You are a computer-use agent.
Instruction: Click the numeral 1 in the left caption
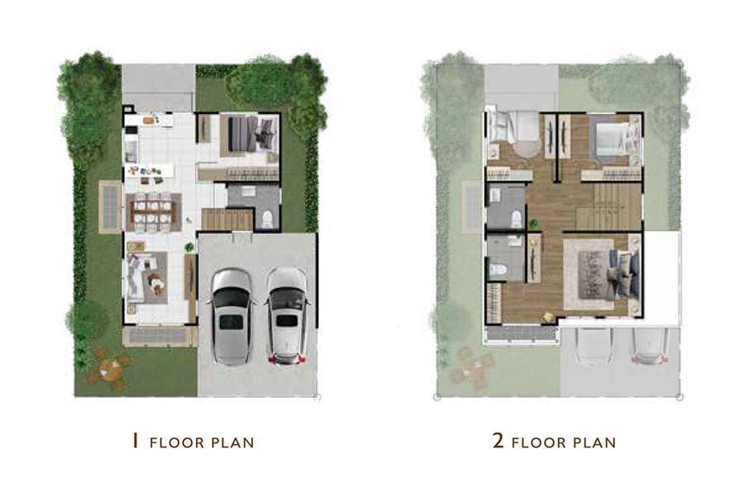pos(136,441)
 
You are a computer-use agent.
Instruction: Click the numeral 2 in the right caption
pos(498,441)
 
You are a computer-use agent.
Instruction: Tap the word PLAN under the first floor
pos(232,443)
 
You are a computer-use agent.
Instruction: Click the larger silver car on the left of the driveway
pos(231,317)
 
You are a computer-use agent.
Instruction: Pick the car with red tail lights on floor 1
pos(287,316)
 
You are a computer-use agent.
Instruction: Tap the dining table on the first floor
pos(153,212)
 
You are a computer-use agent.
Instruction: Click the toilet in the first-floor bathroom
pos(268,220)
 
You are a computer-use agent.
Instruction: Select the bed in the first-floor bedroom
pos(249,134)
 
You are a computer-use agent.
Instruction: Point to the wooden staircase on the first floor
pos(227,220)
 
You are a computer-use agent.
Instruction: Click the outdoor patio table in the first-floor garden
pos(110,368)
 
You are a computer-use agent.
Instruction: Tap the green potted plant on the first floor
pos(189,247)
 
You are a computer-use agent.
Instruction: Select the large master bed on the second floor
pos(608,274)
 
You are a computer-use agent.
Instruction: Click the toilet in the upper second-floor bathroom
pos(516,219)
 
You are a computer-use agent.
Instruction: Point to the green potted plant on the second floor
pos(534,223)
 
